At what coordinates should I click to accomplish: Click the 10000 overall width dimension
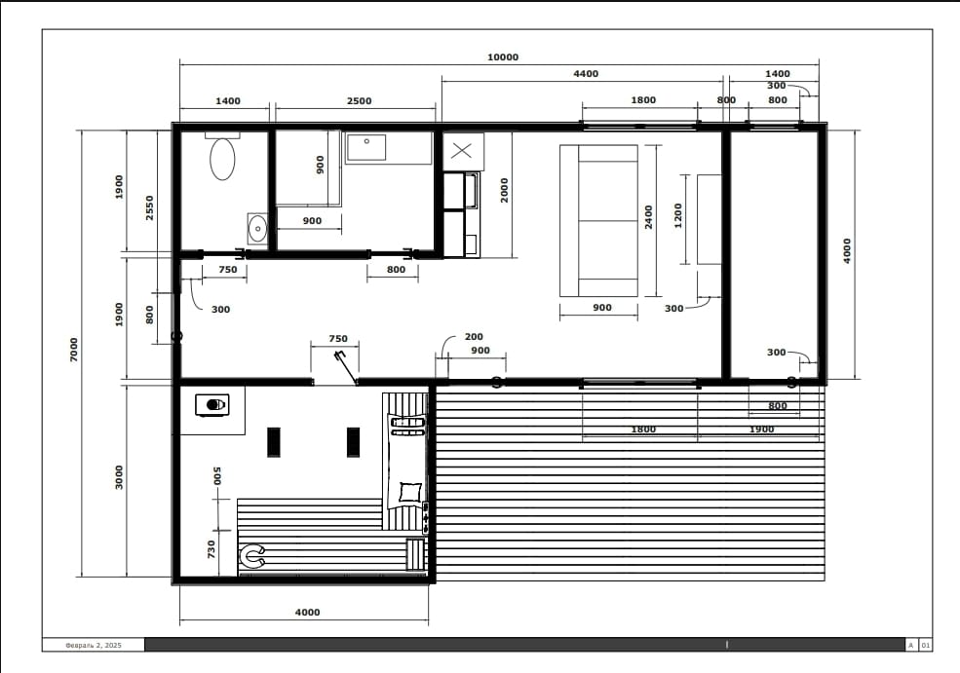tap(503, 56)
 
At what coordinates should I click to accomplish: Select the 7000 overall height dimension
tap(74, 350)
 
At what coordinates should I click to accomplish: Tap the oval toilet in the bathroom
tap(222, 159)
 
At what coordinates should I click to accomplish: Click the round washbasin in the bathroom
tap(257, 229)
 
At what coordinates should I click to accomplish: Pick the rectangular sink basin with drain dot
tap(366, 147)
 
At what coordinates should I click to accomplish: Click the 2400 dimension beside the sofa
tap(648, 217)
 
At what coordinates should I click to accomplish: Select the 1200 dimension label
tap(677, 216)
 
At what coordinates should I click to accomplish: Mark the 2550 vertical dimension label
tap(149, 208)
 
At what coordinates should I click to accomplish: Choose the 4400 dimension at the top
tap(586, 73)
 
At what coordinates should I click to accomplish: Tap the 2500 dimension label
tap(359, 101)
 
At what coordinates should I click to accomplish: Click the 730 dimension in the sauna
tap(211, 548)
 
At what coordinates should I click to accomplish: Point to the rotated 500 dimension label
tap(216, 475)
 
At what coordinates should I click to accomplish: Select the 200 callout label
tap(474, 337)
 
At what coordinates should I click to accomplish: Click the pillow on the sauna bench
tap(409, 492)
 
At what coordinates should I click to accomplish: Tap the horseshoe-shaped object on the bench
tap(251, 555)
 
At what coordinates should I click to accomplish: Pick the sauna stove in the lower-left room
tap(212, 405)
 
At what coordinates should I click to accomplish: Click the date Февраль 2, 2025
tap(94, 645)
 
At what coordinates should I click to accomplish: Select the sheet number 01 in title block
tap(926, 645)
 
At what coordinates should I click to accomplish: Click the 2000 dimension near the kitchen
tap(504, 190)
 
